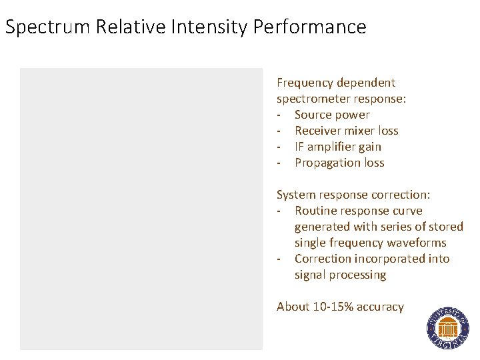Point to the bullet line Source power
click(332, 115)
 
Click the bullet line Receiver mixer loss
click(346, 131)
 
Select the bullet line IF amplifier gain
click(337, 147)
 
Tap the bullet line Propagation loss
click(339, 163)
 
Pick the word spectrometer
click(314, 99)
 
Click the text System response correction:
click(353, 195)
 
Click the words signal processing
click(340, 275)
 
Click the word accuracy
click(380, 307)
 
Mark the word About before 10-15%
click(293, 307)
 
